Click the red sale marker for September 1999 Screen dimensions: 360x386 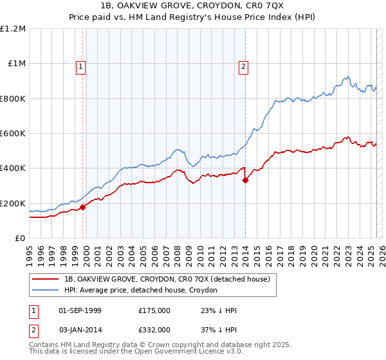click(82, 208)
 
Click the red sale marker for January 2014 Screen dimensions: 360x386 click(245, 181)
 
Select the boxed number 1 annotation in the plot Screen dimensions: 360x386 click(80, 65)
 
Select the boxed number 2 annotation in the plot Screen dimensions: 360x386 click(244, 65)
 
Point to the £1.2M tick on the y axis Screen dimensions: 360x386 click(13, 29)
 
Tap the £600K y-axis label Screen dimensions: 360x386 click(13, 134)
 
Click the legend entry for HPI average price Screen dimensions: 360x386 click(140, 291)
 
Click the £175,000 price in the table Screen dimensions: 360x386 click(154, 310)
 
